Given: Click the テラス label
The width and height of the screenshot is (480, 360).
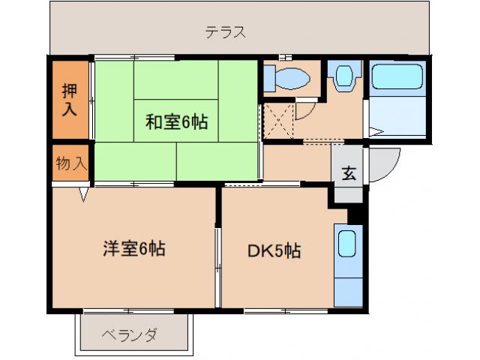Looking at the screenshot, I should point(226,32).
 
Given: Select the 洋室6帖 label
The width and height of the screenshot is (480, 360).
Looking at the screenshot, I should point(133,249).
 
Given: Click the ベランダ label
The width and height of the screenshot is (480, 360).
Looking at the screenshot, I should point(128,334).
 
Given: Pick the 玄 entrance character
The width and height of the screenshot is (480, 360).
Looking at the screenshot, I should point(349,173).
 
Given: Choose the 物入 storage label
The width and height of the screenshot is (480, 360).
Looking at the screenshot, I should point(71,163).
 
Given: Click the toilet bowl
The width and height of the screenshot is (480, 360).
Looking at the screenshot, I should point(292,77).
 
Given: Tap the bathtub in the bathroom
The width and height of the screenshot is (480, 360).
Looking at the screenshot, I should point(398,78).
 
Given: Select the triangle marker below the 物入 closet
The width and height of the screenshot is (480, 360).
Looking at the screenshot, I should point(85,194).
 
